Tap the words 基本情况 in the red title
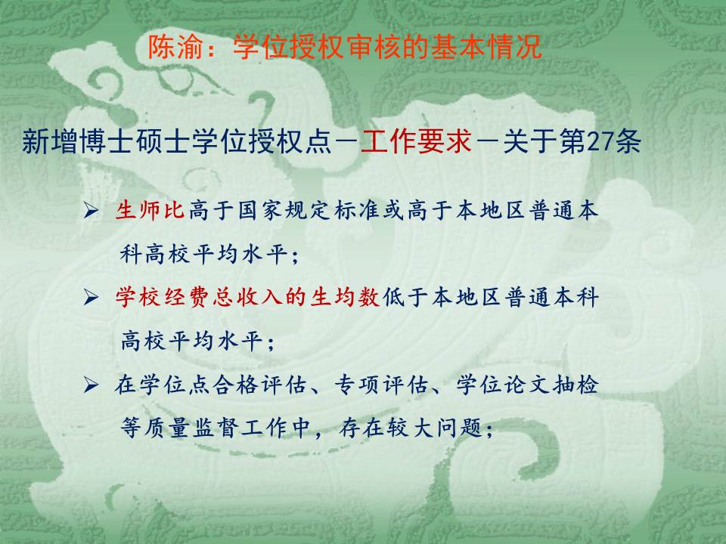pos(486,47)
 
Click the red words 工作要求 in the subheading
pos(416,141)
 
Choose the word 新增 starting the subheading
pos(50,141)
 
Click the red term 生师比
pos(150,211)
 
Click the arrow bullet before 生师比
pos(91,212)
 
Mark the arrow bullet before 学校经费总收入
pos(91,298)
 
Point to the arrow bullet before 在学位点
pos(91,385)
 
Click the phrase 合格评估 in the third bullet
pos(261,385)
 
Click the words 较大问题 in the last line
pos(436,428)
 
